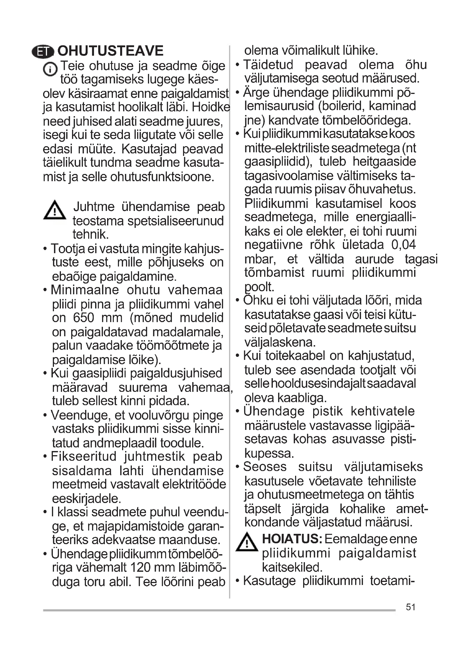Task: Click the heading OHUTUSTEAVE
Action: pos(110,51)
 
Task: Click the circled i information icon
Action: pos(50,69)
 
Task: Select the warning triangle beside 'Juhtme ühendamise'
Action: pos(55,210)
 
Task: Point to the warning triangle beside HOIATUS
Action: pos(247,542)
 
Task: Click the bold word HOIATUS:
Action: pos(292,539)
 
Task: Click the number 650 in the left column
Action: pos(83,318)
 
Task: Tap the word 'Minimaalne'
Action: pos(85,290)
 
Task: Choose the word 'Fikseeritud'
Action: pos(83,456)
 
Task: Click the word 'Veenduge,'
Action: pos(81,415)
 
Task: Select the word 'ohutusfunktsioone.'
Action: pos(162,177)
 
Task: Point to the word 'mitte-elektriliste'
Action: pos(286,148)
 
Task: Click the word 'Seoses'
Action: pos(265,467)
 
